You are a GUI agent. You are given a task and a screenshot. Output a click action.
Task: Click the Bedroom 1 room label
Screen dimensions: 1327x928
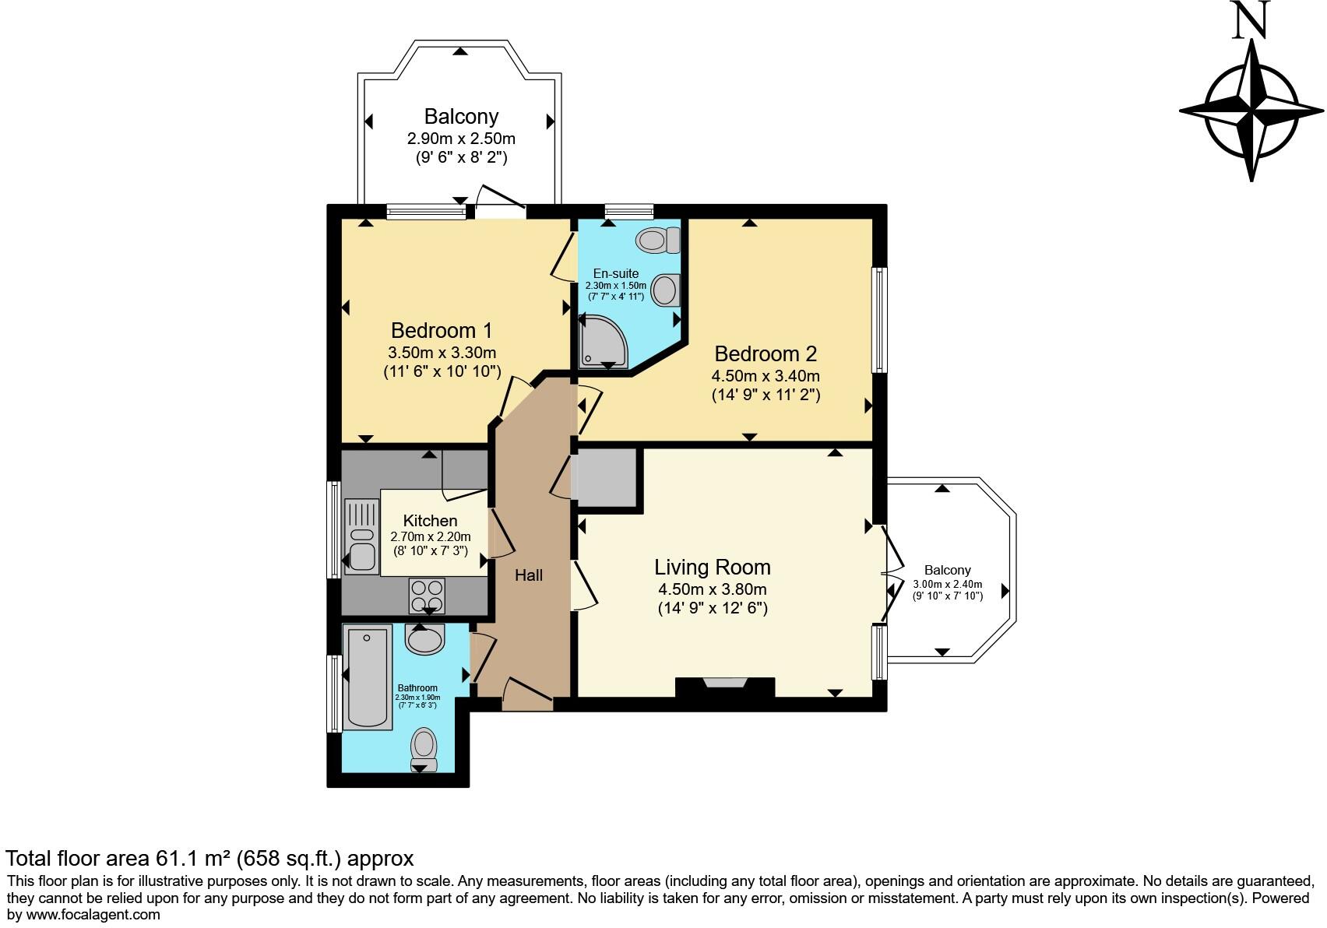point(442,330)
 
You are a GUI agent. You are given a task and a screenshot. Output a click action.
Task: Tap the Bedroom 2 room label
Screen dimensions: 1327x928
point(766,353)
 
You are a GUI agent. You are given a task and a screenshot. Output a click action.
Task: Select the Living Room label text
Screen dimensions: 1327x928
point(712,568)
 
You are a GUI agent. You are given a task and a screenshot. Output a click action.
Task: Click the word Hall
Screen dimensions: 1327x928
point(529,575)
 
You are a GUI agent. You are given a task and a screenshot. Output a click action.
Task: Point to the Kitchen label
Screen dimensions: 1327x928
point(430,521)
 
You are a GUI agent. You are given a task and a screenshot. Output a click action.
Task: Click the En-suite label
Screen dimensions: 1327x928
point(616,273)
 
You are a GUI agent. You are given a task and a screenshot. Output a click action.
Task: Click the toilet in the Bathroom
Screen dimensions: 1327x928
point(424,750)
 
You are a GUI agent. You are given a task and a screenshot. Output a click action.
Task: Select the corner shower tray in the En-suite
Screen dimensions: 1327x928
point(603,341)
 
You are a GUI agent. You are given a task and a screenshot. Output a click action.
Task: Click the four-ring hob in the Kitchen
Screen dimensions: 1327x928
point(427,596)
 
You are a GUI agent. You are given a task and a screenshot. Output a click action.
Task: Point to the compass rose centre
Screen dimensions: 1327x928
point(1251,111)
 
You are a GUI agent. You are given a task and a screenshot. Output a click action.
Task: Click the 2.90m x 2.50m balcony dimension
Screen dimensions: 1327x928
point(461,139)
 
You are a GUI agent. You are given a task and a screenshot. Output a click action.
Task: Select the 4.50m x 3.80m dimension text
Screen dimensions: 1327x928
point(712,589)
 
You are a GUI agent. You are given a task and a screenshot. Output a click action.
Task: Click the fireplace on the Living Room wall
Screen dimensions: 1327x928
point(725,687)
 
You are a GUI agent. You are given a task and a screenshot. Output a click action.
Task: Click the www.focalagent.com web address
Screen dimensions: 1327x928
point(93,915)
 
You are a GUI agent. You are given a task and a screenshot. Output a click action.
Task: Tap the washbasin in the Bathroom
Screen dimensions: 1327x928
point(424,639)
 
